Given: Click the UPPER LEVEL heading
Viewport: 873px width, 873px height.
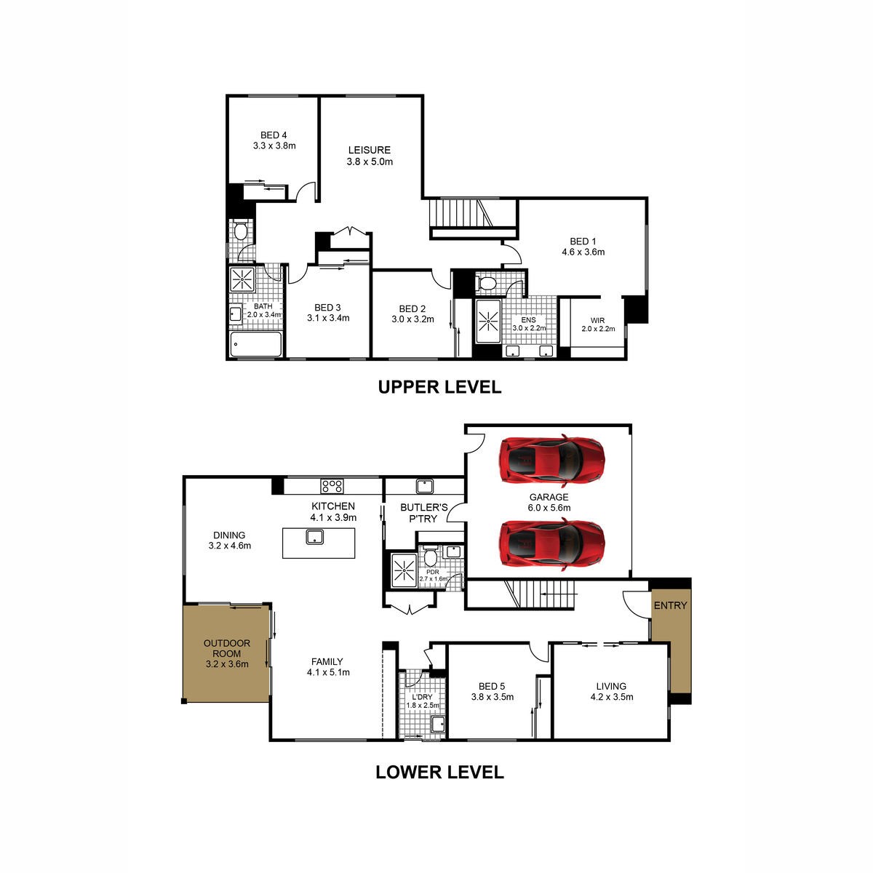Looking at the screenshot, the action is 439,387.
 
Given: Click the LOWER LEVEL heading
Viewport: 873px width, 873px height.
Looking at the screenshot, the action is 439,772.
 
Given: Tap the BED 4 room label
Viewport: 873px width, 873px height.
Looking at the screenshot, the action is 274,135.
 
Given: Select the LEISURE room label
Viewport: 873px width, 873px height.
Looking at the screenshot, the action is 370,150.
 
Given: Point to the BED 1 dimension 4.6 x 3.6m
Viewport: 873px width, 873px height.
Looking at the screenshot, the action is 583,252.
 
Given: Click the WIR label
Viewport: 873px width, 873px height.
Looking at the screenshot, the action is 597,320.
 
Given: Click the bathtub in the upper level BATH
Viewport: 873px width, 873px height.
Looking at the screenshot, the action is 255,344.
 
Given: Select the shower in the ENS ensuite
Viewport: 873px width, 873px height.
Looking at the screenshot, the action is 488,322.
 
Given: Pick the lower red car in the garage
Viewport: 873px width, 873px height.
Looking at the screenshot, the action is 551,545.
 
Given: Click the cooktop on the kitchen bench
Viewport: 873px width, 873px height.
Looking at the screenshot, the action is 332,486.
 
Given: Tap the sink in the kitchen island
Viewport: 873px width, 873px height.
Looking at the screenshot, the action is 314,538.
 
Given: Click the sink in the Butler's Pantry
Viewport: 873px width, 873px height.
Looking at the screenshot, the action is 424,486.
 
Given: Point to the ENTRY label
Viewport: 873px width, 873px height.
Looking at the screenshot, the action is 670,605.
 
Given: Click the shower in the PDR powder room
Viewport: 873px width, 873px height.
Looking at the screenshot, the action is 403,570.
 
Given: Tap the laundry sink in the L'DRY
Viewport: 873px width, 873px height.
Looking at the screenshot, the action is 438,724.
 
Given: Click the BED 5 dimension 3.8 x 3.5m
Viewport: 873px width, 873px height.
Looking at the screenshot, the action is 492,697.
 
